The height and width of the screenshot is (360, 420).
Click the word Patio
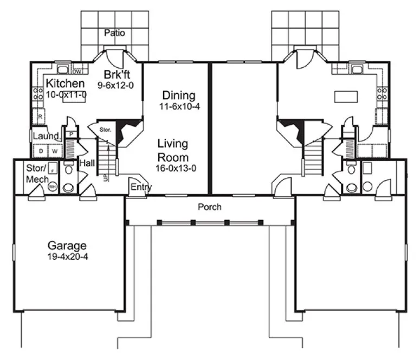114,33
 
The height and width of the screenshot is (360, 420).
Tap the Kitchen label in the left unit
65,83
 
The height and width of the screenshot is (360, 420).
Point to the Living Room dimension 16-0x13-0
176,168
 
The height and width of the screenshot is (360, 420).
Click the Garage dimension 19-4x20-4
67,256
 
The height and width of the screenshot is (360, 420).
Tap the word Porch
209,207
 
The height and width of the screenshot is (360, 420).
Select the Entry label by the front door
141,188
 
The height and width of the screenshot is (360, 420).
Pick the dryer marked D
41,151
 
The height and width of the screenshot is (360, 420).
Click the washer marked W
55,151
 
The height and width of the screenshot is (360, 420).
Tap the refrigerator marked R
39,116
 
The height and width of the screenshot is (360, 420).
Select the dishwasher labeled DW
77,70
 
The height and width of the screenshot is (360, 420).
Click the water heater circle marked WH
53,186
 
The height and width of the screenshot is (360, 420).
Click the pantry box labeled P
71,133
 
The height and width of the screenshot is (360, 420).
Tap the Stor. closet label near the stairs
105,130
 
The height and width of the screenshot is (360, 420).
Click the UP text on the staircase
106,177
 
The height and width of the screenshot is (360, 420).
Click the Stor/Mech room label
36,173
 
